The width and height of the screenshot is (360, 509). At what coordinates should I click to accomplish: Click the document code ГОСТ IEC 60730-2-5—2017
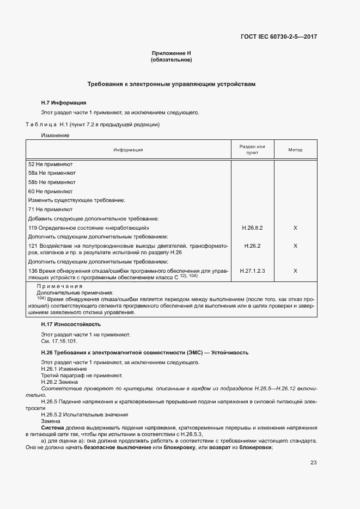click(x=278, y=37)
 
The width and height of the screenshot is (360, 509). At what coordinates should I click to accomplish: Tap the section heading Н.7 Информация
click(x=64, y=103)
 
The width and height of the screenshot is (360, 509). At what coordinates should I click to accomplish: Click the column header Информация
click(x=129, y=150)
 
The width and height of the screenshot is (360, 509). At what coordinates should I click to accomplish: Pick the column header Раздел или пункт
click(x=252, y=150)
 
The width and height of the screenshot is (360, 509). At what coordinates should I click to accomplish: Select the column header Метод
click(x=295, y=150)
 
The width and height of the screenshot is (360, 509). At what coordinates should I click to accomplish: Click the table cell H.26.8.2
click(x=252, y=228)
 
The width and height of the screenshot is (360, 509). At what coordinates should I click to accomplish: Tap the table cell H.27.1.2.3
click(x=252, y=271)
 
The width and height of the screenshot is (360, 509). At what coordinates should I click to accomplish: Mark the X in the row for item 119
click(x=295, y=228)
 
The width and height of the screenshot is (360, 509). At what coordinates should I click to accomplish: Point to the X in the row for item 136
click(x=295, y=271)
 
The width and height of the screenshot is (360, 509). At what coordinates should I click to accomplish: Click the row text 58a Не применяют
click(x=52, y=173)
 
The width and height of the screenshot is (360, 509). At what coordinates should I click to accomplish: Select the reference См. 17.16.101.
click(x=59, y=341)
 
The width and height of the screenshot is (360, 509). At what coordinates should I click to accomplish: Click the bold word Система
click(x=53, y=428)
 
